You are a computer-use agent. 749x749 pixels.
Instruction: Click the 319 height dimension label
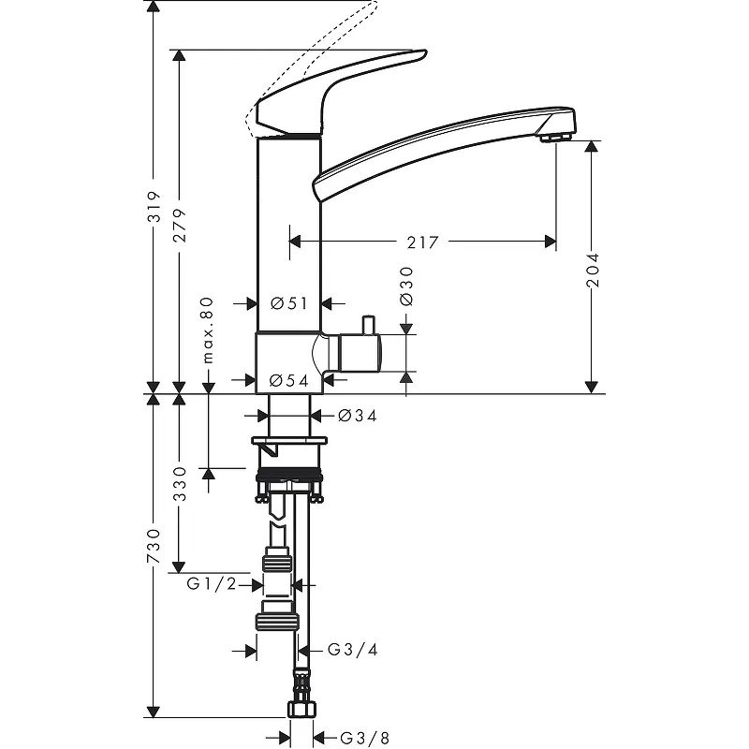click(154, 207)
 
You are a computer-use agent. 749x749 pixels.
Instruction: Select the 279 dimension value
click(181, 226)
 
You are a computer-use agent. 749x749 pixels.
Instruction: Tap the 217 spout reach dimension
click(423, 242)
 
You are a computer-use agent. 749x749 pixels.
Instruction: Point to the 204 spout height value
click(593, 270)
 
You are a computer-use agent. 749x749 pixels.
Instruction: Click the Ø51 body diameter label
click(289, 303)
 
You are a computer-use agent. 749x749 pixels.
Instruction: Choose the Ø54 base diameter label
click(288, 380)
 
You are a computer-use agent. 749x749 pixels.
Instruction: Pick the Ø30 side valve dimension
click(406, 286)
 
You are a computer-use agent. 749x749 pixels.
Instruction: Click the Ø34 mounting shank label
click(358, 416)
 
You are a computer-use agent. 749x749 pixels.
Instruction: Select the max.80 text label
click(208, 330)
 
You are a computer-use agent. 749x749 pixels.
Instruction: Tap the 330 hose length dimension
click(180, 484)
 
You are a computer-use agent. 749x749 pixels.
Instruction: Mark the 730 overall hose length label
click(154, 546)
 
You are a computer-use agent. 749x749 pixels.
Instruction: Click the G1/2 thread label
click(212, 583)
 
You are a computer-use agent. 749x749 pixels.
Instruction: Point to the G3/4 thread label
click(353, 650)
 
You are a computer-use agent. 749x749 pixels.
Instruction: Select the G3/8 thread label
click(365, 738)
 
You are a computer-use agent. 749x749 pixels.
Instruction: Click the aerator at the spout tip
click(555, 138)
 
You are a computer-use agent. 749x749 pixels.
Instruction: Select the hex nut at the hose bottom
click(301, 708)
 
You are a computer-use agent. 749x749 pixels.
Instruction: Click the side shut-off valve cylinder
click(355, 353)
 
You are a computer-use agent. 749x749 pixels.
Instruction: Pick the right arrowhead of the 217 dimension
click(551, 242)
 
